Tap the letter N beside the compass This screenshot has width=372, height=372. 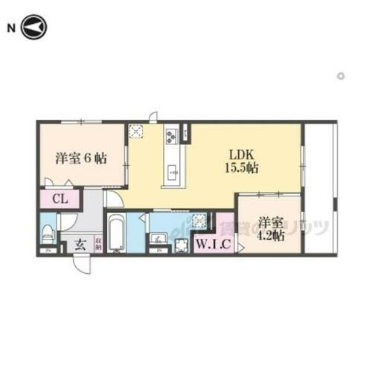[11, 29]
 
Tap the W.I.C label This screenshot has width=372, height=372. [212, 243]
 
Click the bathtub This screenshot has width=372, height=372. [115, 233]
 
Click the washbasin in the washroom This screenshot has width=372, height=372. [158, 240]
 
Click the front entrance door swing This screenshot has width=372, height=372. [83, 263]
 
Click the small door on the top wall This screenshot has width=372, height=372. [153, 117]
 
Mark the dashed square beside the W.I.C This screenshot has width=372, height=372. [199, 220]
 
